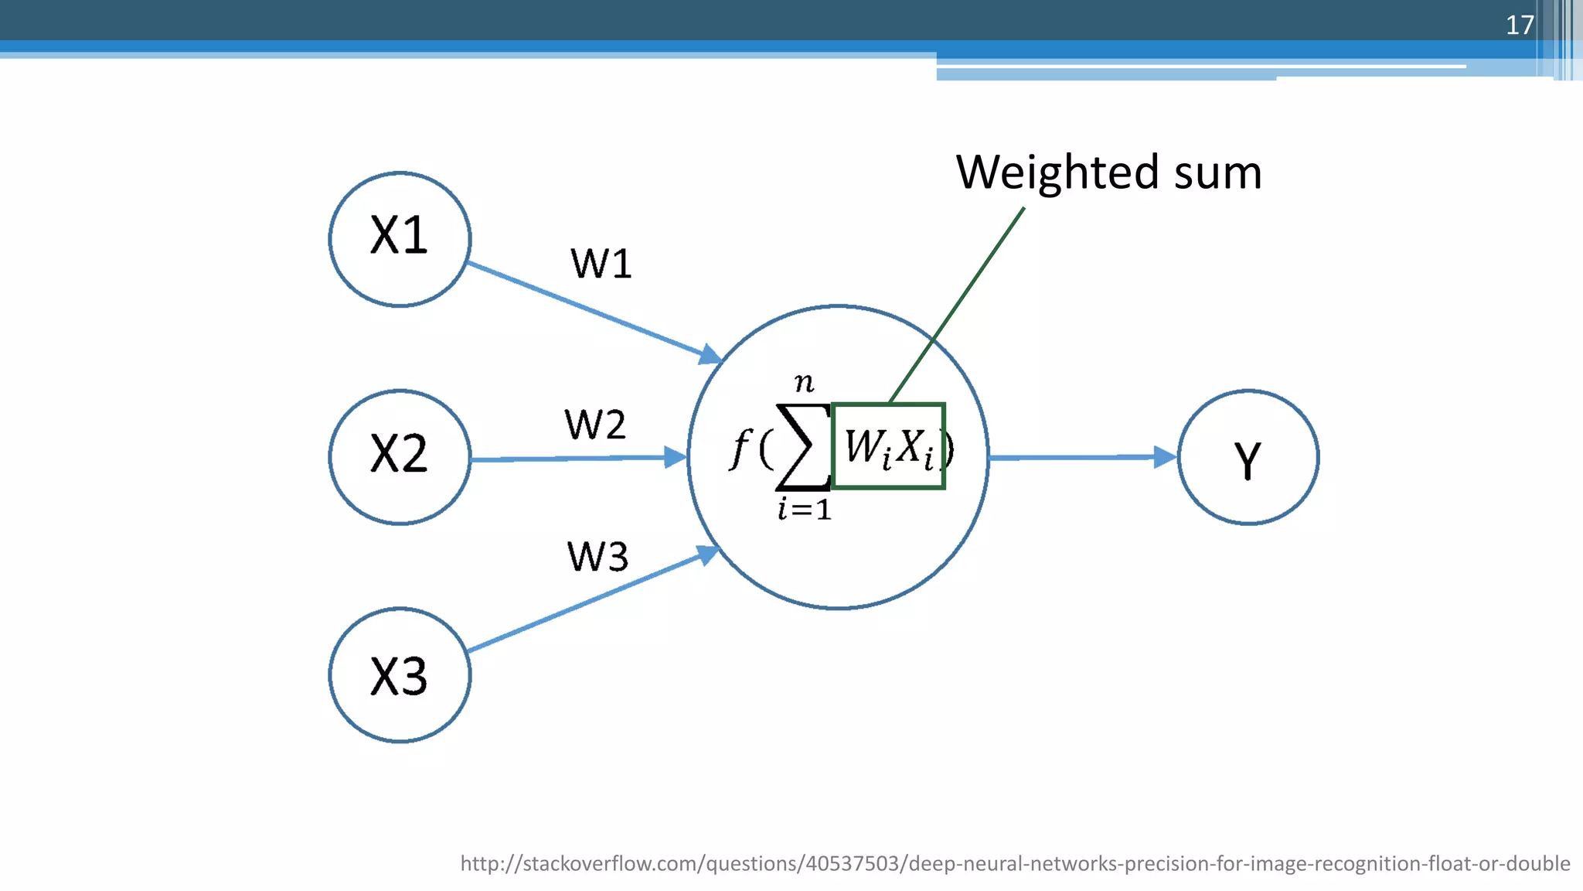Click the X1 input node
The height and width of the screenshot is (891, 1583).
tap(400, 239)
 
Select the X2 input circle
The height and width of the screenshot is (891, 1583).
tap(400, 457)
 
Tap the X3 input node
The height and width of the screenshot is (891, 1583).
tap(400, 675)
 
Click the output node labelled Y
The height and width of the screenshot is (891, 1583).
tap(1248, 457)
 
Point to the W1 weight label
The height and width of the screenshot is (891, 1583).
tap(601, 264)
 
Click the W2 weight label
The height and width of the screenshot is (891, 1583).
tap(594, 425)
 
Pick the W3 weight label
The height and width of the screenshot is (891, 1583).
tap(597, 556)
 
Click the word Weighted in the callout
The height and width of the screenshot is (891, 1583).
tap(1057, 172)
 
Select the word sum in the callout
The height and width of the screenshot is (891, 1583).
tap(1217, 172)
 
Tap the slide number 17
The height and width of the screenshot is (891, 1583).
tap(1519, 25)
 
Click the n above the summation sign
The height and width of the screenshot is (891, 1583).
tap(804, 381)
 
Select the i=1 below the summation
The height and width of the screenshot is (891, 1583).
tap(804, 510)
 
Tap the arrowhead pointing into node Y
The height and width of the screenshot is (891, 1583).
tap(1164, 457)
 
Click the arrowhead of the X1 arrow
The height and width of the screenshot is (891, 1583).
tap(710, 355)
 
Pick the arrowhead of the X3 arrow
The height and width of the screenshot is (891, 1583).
tap(707, 554)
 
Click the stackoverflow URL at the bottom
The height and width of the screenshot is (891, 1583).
tap(1014, 863)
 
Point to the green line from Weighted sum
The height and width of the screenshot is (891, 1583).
tap(958, 304)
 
